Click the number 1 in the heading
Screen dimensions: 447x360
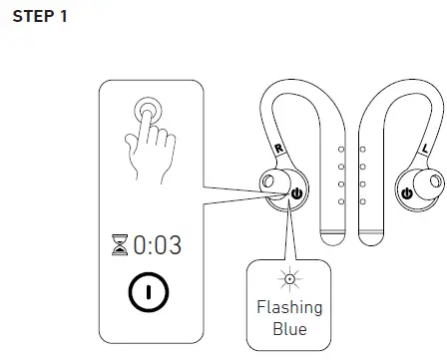[62, 19]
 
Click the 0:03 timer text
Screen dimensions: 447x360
[158, 244]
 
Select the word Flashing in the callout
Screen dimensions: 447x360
[289, 307]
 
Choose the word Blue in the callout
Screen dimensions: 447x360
[289, 328]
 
